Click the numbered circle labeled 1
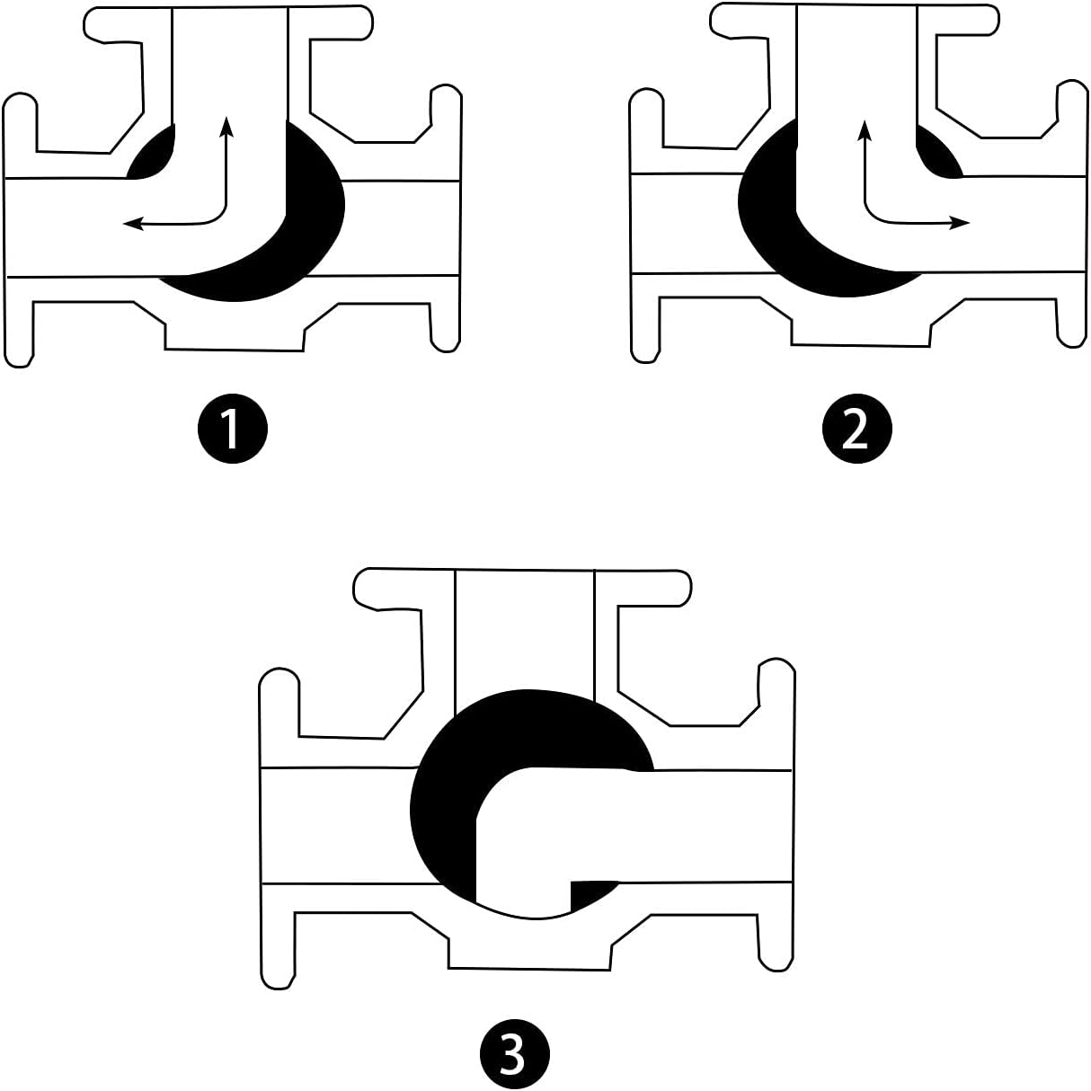point(232,428)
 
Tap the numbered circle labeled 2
point(856,428)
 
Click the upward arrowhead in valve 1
point(226,126)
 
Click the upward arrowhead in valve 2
point(865,130)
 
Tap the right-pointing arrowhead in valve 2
point(959,223)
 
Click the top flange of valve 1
point(228,22)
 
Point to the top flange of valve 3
point(521,588)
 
